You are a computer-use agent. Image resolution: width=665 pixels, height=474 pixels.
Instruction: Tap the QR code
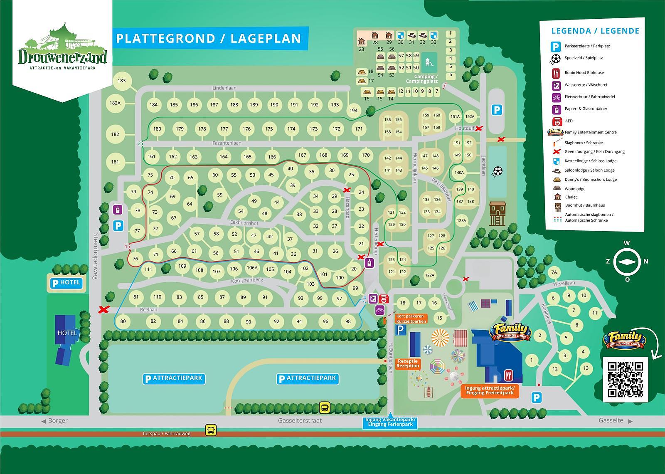(x=626, y=379)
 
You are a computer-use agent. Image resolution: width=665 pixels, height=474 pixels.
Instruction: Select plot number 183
(x=121, y=81)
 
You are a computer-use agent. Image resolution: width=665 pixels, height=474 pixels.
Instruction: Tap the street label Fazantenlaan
(x=227, y=143)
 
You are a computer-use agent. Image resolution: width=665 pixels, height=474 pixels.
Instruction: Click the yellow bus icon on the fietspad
(x=211, y=430)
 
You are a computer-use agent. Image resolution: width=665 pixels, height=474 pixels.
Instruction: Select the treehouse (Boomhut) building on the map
(x=498, y=213)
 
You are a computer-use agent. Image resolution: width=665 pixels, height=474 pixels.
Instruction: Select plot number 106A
(x=252, y=268)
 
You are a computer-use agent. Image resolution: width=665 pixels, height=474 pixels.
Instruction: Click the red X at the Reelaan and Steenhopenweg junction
(x=104, y=310)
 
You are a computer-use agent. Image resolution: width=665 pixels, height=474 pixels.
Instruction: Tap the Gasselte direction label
(x=611, y=420)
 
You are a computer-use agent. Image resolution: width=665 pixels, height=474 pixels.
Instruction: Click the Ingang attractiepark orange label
(x=490, y=390)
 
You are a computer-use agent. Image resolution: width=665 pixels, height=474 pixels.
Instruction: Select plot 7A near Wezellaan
(x=554, y=273)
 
